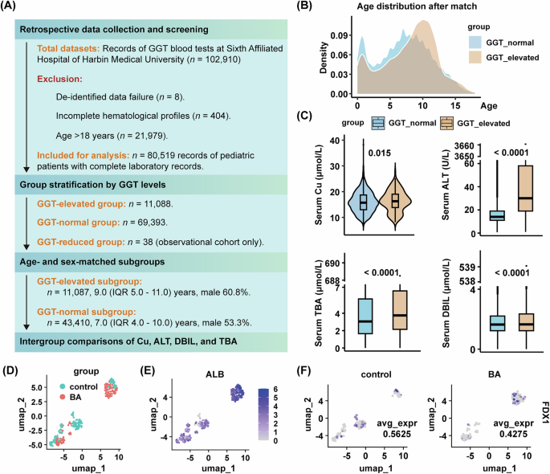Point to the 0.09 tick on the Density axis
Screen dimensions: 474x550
[x=339, y=36]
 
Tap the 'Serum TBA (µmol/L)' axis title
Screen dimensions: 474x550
[x=317, y=309]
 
